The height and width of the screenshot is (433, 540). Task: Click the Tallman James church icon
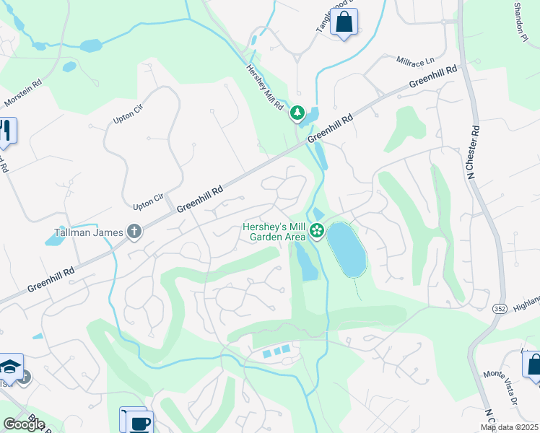(x=134, y=232)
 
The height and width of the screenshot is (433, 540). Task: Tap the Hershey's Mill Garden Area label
(x=274, y=231)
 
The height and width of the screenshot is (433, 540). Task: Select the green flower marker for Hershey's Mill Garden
(x=317, y=231)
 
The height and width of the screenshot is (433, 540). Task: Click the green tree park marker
(x=297, y=113)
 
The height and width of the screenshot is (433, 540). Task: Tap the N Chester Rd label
(x=474, y=152)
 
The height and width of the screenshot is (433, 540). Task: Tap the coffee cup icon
(x=137, y=421)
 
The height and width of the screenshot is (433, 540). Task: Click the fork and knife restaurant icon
(x=6, y=131)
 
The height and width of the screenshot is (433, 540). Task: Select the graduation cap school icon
(x=11, y=367)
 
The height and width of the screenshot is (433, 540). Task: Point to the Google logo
(x=23, y=424)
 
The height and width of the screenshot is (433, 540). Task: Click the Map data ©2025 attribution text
(x=509, y=427)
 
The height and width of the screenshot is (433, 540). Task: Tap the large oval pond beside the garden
(x=347, y=250)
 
